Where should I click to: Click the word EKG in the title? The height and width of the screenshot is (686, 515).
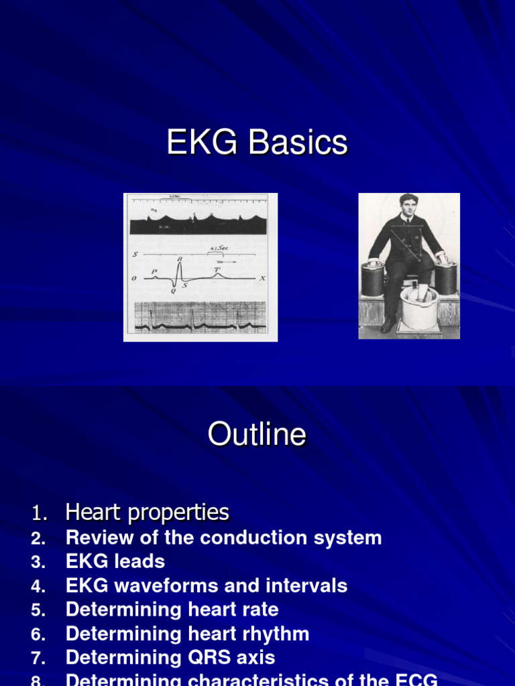click(198, 143)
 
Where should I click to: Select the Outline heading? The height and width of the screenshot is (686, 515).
click(257, 435)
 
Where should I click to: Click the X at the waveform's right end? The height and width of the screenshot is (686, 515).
click(263, 278)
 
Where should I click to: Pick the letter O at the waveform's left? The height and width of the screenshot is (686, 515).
click(135, 279)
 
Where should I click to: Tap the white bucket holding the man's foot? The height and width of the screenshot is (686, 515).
click(419, 307)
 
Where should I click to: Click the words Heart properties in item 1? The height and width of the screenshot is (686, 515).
click(148, 512)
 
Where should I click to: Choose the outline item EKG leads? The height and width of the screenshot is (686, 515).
click(115, 561)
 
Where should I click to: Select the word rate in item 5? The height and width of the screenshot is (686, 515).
click(261, 610)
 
